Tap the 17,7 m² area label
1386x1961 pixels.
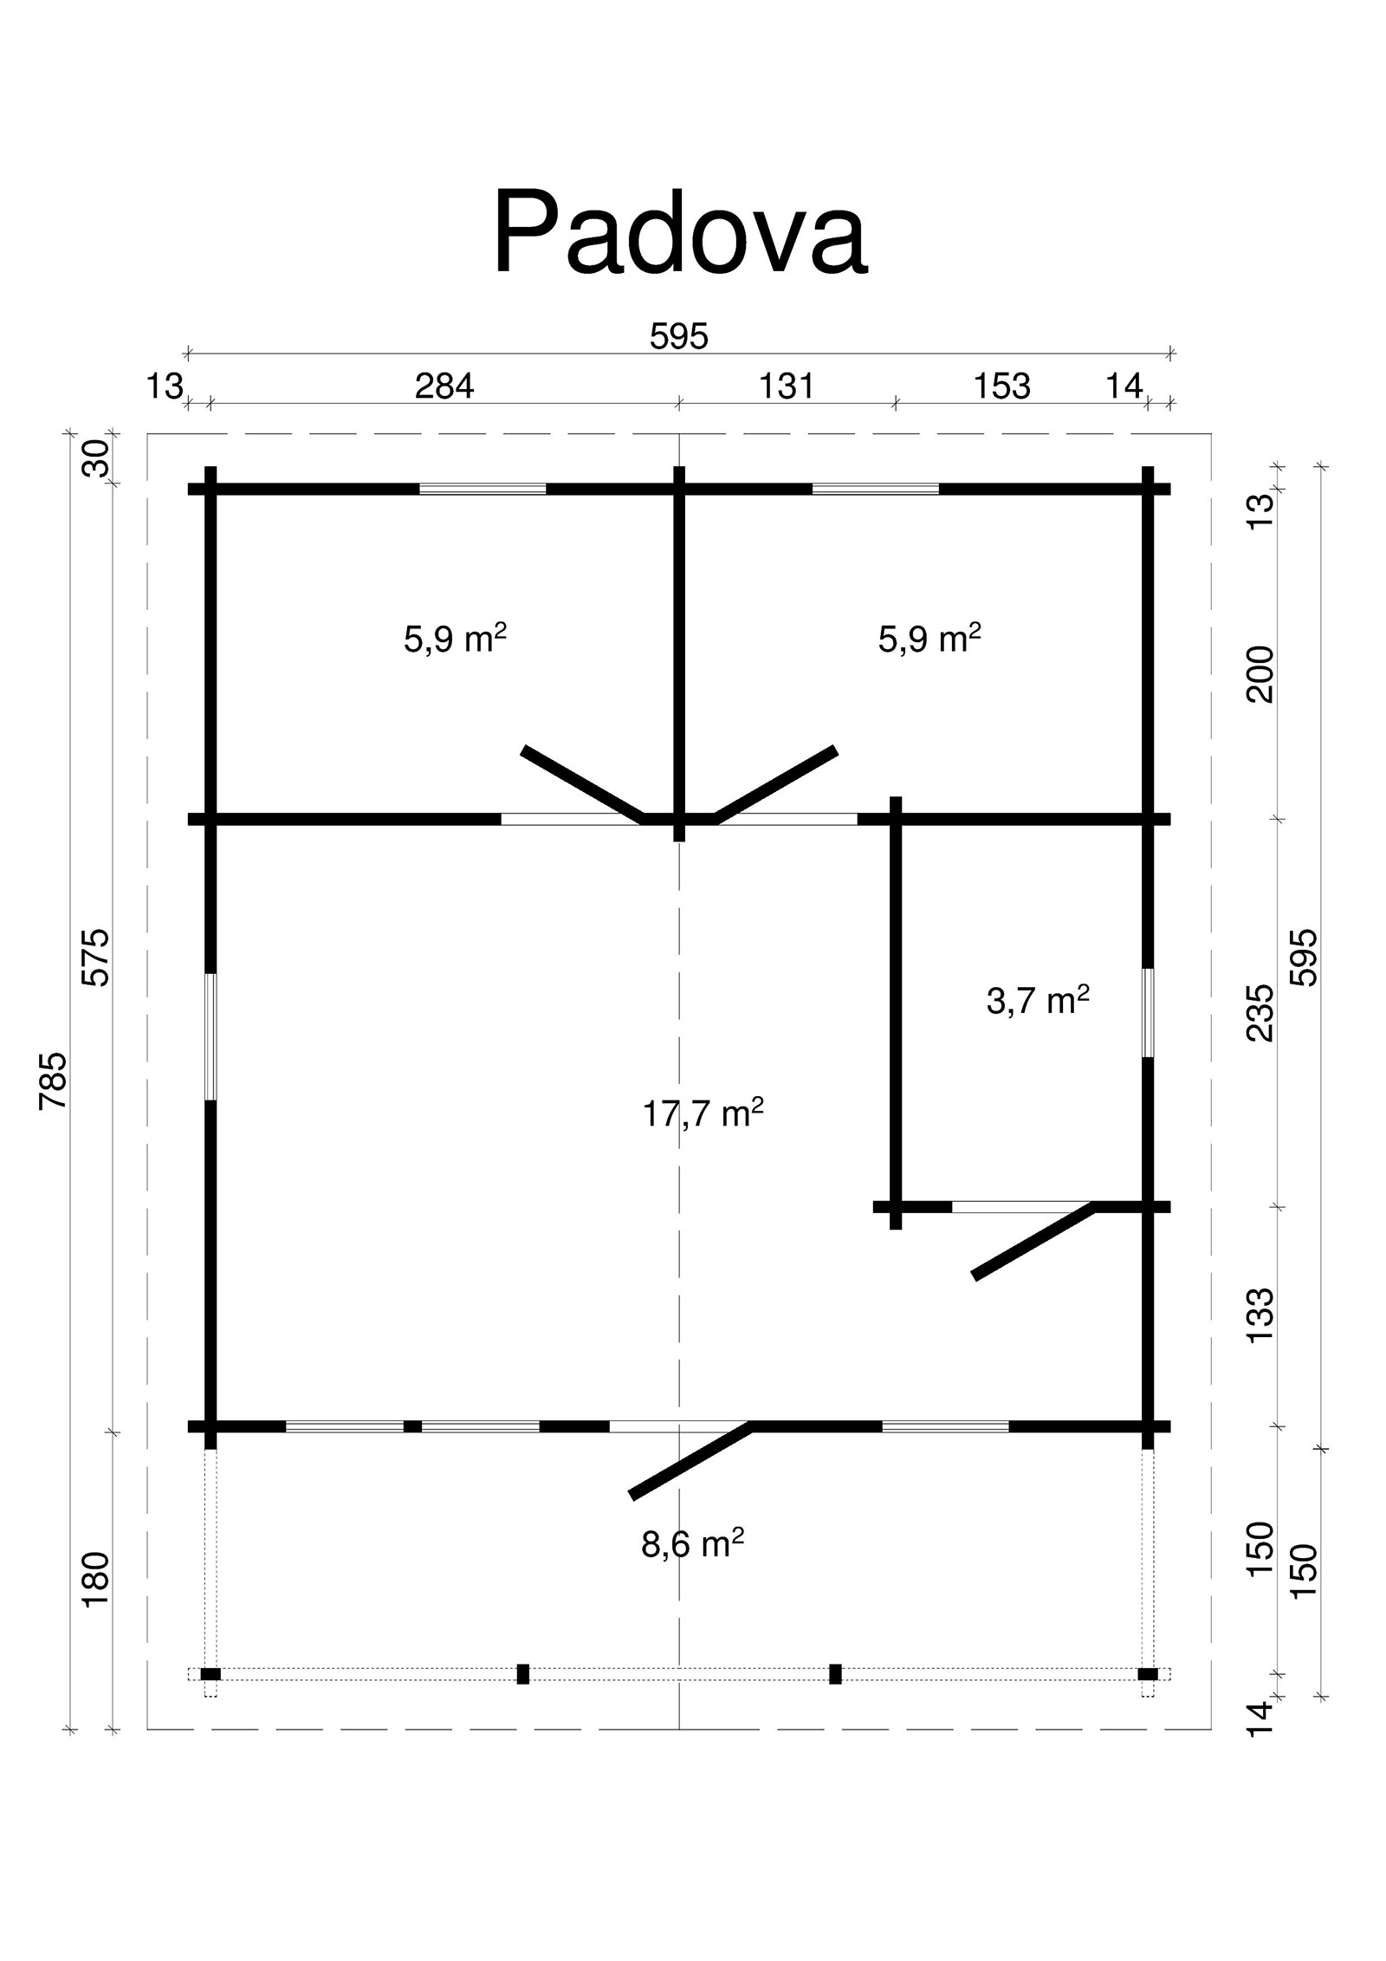(x=703, y=1113)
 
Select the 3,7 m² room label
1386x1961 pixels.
(x=1037, y=1001)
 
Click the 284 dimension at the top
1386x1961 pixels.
(x=444, y=386)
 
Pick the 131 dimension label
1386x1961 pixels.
(x=787, y=386)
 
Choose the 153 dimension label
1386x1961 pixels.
(x=1002, y=386)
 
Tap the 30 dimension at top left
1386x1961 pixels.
(x=98, y=458)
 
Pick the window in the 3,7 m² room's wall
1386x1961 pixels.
(x=1148, y=1012)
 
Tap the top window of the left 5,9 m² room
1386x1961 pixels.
(x=483, y=489)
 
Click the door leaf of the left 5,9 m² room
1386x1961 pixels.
(x=583, y=784)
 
